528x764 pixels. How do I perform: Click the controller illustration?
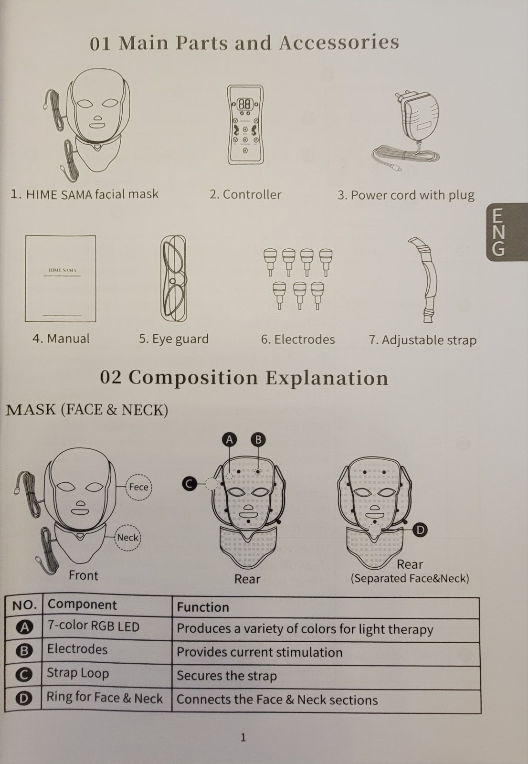pyautogui.click(x=245, y=125)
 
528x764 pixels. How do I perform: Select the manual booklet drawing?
pyautogui.click(x=60, y=278)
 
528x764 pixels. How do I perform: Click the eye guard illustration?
pyautogui.click(x=173, y=278)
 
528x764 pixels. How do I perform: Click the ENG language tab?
pyautogui.click(x=507, y=232)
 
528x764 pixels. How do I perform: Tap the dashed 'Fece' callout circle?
pyautogui.click(x=138, y=487)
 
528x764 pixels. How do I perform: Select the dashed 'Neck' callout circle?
pyautogui.click(x=127, y=538)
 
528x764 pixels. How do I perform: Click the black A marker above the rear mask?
pyautogui.click(x=229, y=440)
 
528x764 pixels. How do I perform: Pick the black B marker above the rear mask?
pyautogui.click(x=258, y=440)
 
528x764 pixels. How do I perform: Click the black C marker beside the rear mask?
pyautogui.click(x=190, y=483)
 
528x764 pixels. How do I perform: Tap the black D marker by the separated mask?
pyautogui.click(x=420, y=530)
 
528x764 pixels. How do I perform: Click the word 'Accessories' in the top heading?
pyautogui.click(x=338, y=42)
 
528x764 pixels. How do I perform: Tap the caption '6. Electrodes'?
pyautogui.click(x=298, y=340)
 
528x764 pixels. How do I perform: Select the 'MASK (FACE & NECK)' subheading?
pyautogui.click(x=87, y=410)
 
